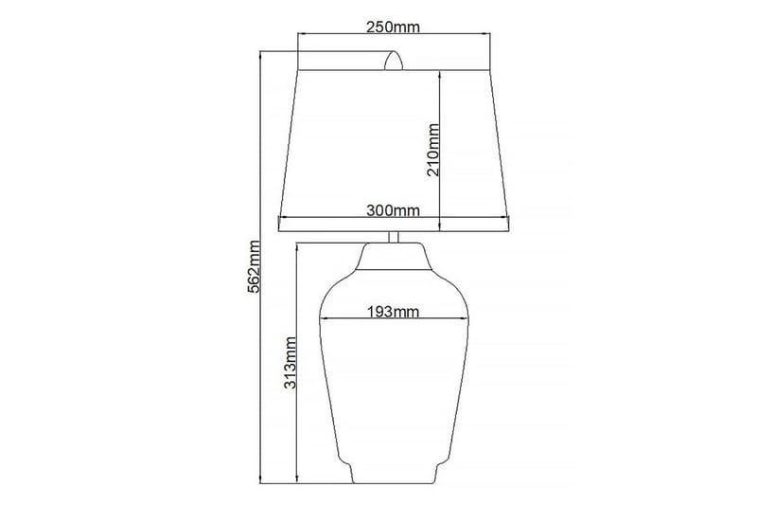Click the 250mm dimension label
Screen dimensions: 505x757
tap(393, 27)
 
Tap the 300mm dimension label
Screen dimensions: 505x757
tap(393, 210)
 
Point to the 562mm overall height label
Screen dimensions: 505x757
tap(253, 266)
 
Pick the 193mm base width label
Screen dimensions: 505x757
tap(393, 310)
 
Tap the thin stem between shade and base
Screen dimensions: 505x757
tap(394, 237)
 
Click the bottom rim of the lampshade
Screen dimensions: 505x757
tap(393, 225)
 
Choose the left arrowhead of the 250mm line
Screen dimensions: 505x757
tap(302, 35)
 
